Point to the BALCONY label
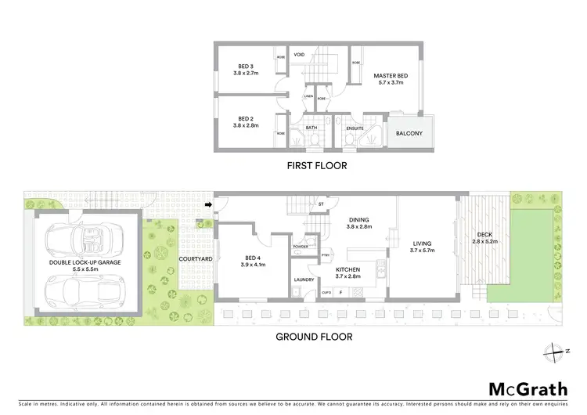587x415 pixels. click(x=409, y=133)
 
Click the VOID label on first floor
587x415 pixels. click(x=299, y=56)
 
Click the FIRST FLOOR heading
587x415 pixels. click(x=315, y=166)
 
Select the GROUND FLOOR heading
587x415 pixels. click(x=313, y=337)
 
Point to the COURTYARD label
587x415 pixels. click(x=192, y=258)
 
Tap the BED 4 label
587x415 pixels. click(x=251, y=259)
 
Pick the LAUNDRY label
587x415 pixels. click(x=304, y=279)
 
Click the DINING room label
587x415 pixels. click(x=359, y=220)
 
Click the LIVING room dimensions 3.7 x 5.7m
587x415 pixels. click(x=423, y=251)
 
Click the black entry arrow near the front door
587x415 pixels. click(x=208, y=206)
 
